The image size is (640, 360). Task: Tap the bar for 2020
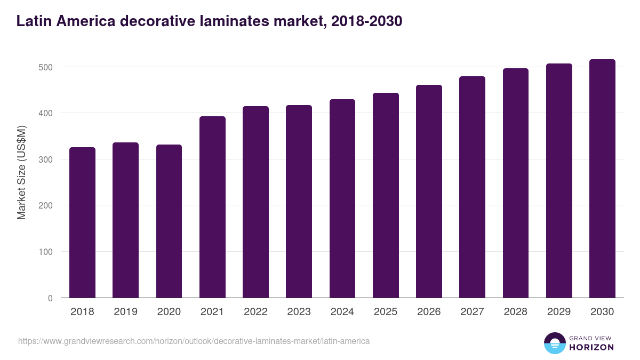(x=169, y=221)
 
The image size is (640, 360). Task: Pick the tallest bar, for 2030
(x=602, y=179)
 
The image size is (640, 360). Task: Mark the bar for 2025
(x=386, y=195)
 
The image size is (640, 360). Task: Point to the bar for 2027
(x=472, y=187)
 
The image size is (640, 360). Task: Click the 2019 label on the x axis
(x=125, y=312)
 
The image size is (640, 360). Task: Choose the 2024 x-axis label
(x=342, y=312)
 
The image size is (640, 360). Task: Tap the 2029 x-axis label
(x=559, y=312)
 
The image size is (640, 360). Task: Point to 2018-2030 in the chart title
(x=366, y=21)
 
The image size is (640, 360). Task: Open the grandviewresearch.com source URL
(x=194, y=341)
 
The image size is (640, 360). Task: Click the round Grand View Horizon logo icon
(x=554, y=343)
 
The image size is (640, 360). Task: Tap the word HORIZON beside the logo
(x=591, y=347)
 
